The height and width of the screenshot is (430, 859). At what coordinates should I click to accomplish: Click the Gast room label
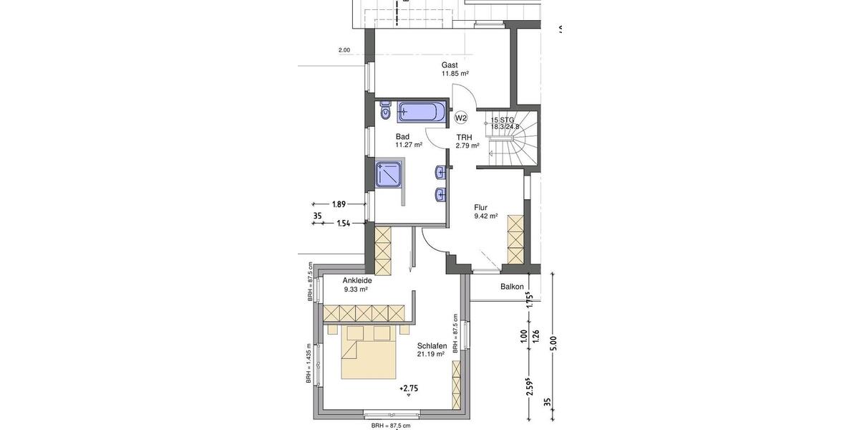(x=450, y=65)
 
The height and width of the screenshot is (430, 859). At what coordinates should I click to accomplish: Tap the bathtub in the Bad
(x=422, y=113)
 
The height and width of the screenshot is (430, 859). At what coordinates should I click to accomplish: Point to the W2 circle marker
(x=461, y=118)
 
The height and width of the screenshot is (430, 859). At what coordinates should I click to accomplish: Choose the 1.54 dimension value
(x=344, y=224)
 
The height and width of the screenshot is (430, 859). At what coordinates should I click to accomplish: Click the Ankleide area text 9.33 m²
(x=356, y=290)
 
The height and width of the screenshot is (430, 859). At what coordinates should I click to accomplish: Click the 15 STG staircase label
(x=503, y=120)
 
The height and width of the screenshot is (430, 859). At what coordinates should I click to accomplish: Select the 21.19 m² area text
(x=432, y=354)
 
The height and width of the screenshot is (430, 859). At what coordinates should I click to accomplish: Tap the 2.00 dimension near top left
(x=344, y=50)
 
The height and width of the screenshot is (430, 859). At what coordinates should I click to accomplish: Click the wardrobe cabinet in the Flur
(x=515, y=240)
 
